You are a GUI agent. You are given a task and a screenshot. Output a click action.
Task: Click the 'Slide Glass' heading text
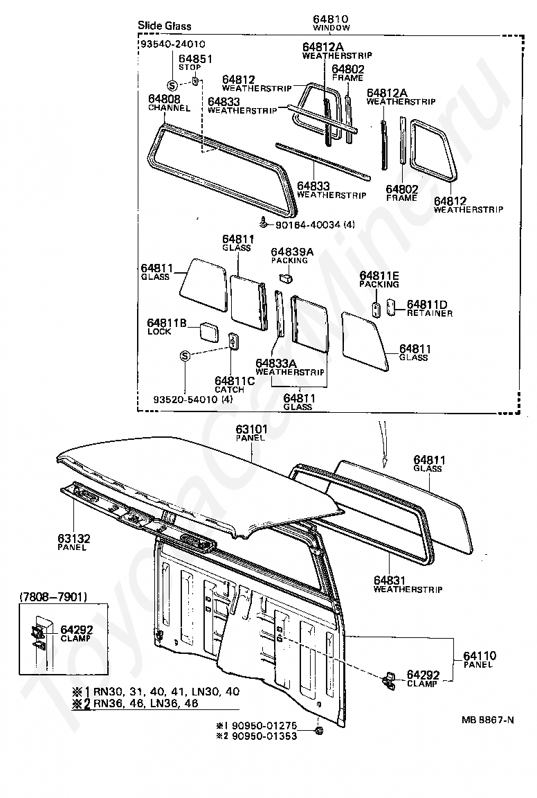(x=164, y=26)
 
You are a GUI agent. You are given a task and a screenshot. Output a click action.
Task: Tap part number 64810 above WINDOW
(x=331, y=20)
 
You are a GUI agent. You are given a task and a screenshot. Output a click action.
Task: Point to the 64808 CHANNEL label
(x=164, y=103)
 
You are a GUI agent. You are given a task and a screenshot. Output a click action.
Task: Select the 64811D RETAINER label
(x=429, y=308)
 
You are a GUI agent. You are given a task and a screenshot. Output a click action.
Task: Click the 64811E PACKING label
(x=379, y=279)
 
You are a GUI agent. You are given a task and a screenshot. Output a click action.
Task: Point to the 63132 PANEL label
(x=73, y=542)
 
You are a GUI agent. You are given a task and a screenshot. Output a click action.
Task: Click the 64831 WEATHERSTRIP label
(x=408, y=585)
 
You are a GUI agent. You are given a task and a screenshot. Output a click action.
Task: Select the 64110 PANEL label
(x=478, y=659)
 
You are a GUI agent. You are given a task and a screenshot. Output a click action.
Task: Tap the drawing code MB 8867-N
(x=488, y=719)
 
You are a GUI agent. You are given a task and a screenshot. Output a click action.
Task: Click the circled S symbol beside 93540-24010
(x=171, y=85)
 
